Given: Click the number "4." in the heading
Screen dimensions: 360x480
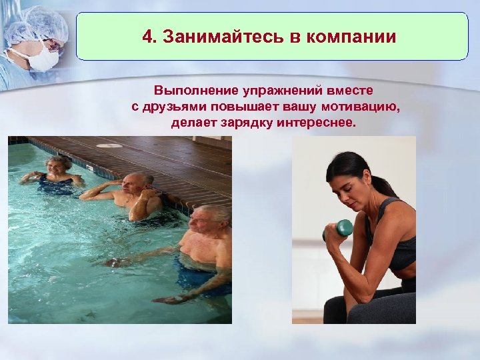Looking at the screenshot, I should [151, 36].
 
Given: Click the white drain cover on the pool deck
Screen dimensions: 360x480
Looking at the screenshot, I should [110, 145].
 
